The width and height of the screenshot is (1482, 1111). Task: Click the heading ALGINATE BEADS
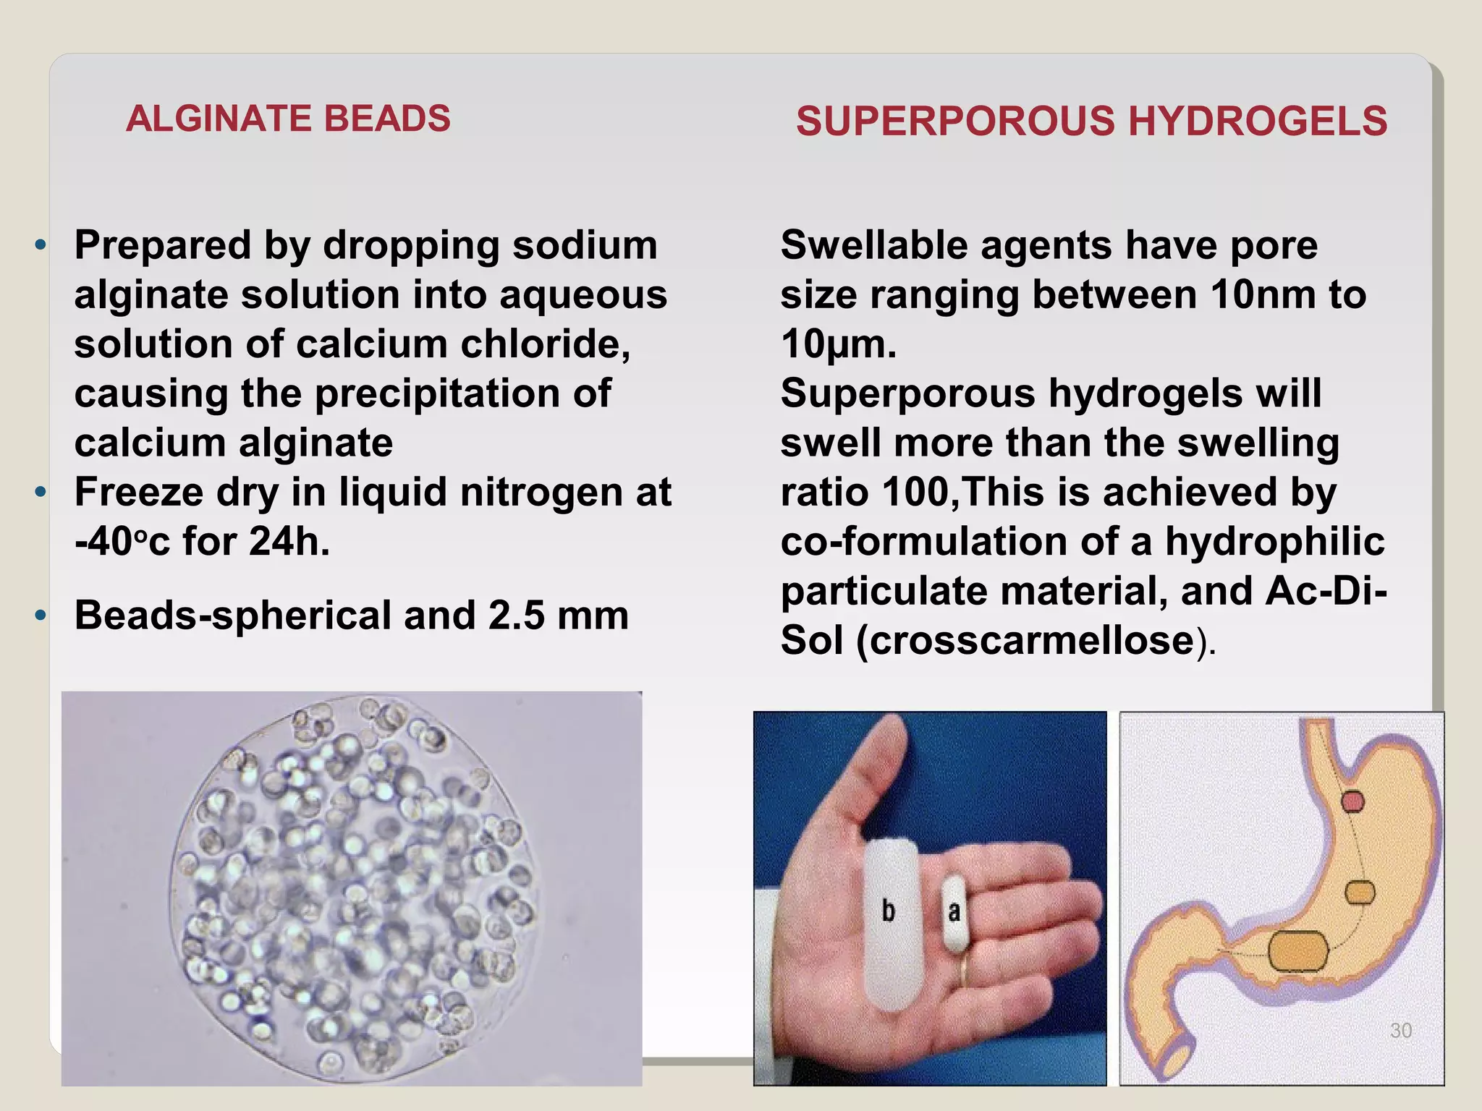click(x=288, y=119)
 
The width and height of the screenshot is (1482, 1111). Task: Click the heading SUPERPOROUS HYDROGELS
click(x=1091, y=121)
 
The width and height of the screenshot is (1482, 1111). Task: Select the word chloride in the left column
click(x=545, y=344)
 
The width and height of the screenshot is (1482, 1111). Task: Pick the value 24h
click(x=289, y=542)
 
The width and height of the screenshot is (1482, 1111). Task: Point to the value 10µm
click(x=838, y=344)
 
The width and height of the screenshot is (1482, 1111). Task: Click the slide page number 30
click(x=1401, y=1031)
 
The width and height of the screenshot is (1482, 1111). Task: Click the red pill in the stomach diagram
click(x=1353, y=801)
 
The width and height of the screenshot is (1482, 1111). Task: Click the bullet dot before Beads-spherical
click(x=41, y=616)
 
